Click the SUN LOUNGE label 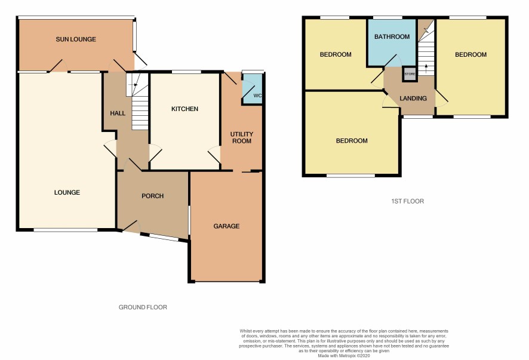coord(76,39)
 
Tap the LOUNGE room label coord(67,192)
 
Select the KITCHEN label coord(184,109)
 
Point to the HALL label coord(118,113)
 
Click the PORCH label coord(152,196)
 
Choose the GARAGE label coord(226,226)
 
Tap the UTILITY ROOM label coord(242,138)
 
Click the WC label coord(257,96)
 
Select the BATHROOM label coord(392,36)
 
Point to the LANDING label coord(413,98)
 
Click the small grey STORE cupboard coord(410,74)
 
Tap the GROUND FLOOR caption coord(143,307)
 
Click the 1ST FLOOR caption coord(408,201)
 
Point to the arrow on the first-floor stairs coord(426,69)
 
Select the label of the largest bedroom coord(352,141)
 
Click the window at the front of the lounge coord(66,230)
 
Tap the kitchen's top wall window coord(186,72)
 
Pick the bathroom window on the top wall coord(387,17)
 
